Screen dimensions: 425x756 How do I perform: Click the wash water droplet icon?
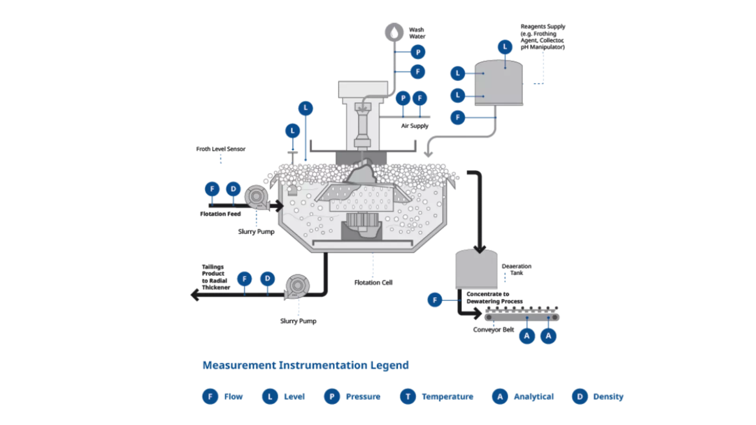tap(394, 32)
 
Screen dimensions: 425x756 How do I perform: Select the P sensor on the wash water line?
tap(418, 52)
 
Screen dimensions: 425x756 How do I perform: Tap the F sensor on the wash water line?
tap(418, 72)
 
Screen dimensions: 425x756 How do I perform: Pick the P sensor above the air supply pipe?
tap(403, 98)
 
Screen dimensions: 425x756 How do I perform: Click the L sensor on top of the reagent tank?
tap(505, 47)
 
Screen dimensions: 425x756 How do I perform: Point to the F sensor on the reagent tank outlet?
tap(458, 117)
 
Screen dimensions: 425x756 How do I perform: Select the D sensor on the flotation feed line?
tap(233, 189)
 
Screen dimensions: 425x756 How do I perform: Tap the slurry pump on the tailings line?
tap(297, 286)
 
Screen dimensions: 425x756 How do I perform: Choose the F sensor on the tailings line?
tap(245, 279)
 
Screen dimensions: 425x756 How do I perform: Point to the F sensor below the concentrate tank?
tap(435, 300)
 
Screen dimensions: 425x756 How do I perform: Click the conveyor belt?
tap(522, 317)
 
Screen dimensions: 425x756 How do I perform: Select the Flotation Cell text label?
tap(373, 283)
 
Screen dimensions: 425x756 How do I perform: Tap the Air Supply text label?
tap(415, 126)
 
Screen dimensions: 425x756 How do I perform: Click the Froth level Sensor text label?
tap(220, 149)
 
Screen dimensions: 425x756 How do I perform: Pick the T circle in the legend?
tap(408, 396)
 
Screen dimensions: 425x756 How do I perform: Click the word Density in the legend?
tap(608, 396)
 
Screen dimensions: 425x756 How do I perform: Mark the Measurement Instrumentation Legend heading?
tap(306, 365)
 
